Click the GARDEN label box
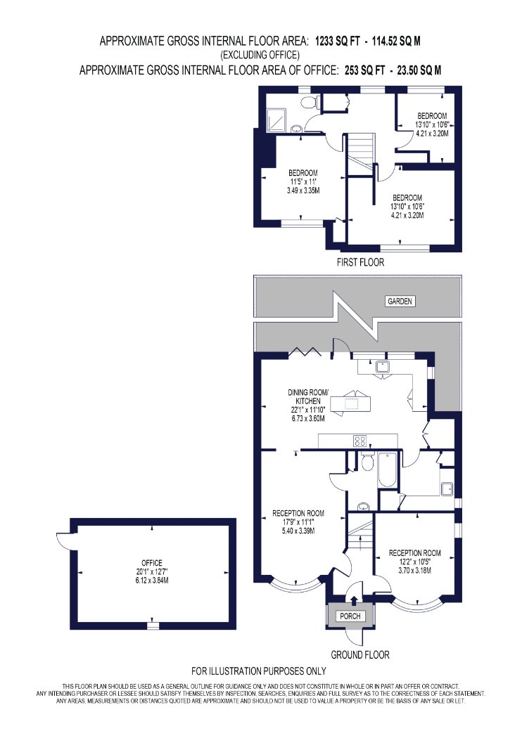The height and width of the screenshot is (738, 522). click(x=400, y=302)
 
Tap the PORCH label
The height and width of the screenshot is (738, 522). click(x=350, y=616)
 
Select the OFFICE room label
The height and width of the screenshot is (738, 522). click(x=152, y=563)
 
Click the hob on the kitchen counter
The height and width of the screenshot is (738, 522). click(x=360, y=441)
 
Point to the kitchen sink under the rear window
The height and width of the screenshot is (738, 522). click(x=383, y=366)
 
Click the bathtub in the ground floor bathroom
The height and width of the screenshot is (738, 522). click(x=387, y=470)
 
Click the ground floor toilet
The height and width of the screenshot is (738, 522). click(x=367, y=461)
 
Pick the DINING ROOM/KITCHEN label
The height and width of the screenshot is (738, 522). click(x=308, y=396)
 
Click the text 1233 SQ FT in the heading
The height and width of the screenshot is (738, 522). click(x=338, y=41)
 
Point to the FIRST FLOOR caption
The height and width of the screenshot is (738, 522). click(x=360, y=263)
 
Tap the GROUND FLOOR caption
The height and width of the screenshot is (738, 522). click(x=360, y=654)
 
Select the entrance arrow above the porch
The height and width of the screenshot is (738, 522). click(x=354, y=599)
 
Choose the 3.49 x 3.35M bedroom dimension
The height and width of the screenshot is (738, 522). click(x=303, y=190)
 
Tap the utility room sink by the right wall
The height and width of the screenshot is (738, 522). click(x=447, y=488)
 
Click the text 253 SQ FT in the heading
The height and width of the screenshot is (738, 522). click(x=365, y=70)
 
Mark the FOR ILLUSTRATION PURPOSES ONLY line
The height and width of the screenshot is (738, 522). click(x=259, y=671)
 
